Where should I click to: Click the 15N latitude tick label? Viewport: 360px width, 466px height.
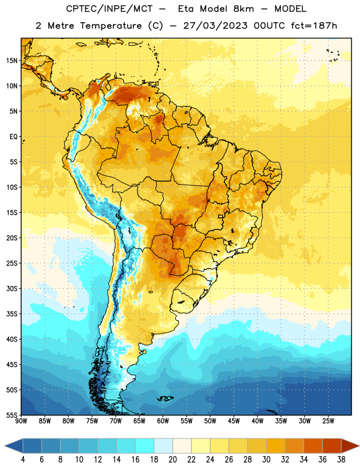click(12, 61)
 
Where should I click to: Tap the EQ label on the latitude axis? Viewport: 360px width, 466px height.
click(13, 137)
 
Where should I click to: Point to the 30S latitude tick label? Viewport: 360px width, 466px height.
click(12, 288)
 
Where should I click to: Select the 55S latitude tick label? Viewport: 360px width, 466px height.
click(12, 415)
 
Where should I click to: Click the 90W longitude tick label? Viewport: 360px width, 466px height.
click(21, 421)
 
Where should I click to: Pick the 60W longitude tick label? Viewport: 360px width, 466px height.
click(163, 421)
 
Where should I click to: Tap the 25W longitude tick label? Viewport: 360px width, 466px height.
click(328, 421)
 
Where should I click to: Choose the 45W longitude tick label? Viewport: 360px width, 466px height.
click(234, 421)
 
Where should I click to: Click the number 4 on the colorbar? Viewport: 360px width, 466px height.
click(23, 460)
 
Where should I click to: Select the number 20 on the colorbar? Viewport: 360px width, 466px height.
click(172, 460)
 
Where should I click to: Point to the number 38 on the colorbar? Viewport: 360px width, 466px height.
click(341, 460)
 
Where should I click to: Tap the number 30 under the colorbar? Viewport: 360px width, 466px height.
click(266, 460)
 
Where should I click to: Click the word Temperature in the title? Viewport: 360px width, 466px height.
click(111, 26)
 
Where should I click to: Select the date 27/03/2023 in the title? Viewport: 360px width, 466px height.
click(215, 26)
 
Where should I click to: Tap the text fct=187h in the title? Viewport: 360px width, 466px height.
click(314, 26)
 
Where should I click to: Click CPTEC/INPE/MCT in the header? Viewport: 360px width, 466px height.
click(109, 9)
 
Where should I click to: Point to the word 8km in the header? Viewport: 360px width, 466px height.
click(243, 9)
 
